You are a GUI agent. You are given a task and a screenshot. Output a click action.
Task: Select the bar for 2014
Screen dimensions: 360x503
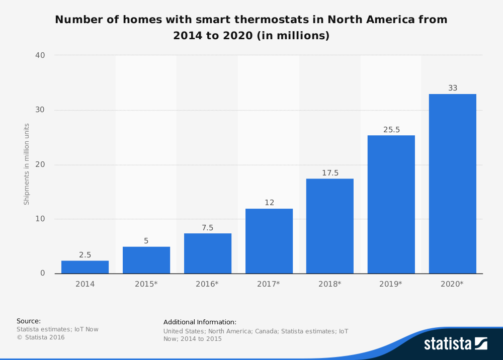point(85,267)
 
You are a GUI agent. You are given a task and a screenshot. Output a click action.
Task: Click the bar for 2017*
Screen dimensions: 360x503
point(269,241)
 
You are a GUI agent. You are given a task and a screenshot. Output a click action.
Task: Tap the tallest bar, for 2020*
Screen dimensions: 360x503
point(453,184)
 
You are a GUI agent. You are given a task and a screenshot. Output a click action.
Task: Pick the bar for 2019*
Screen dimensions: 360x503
point(391,204)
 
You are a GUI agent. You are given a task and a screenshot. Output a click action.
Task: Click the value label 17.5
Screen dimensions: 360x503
point(330,173)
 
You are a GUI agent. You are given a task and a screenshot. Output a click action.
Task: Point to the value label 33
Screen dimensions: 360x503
point(453,88)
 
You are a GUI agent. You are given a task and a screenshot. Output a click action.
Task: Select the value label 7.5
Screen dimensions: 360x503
point(208,228)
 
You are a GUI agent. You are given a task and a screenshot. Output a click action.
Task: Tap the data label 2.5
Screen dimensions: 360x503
point(85,255)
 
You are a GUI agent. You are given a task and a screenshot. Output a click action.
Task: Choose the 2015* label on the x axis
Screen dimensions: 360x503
point(146,284)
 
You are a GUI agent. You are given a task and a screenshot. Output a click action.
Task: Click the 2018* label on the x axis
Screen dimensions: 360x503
point(330,284)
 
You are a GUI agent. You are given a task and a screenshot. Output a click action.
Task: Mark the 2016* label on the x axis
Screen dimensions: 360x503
point(208,284)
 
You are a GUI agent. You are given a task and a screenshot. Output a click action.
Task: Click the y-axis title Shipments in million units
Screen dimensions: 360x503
point(27,164)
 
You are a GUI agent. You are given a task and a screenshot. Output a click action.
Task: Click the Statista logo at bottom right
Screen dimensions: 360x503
point(455,344)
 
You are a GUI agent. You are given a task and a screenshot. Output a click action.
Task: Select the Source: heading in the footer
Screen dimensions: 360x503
point(29,321)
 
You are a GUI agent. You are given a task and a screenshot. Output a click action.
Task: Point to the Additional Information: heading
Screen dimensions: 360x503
point(200,322)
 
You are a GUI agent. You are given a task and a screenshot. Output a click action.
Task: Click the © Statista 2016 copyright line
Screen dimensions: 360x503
point(41,337)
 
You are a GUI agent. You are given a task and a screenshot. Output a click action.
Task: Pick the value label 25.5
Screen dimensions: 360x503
point(391,130)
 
